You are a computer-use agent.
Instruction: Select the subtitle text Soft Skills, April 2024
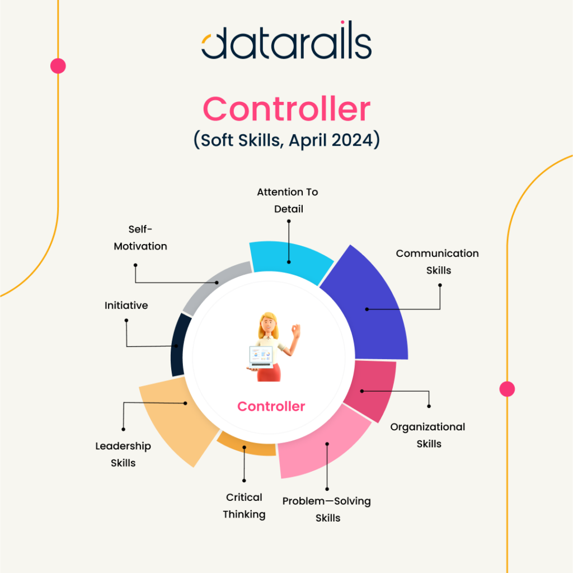(287, 140)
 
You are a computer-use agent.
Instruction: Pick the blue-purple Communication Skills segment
(369, 307)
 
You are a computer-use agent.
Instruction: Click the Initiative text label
(126, 306)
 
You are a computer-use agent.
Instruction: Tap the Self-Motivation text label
(140, 237)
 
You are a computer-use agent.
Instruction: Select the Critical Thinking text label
(244, 506)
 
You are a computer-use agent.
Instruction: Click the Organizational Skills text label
(428, 435)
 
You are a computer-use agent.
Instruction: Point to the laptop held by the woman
(261, 356)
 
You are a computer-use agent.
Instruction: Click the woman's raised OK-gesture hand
(295, 331)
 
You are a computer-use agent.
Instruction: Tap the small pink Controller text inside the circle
(271, 406)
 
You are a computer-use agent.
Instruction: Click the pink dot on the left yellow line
(58, 66)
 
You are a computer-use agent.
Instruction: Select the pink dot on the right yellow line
(507, 389)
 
